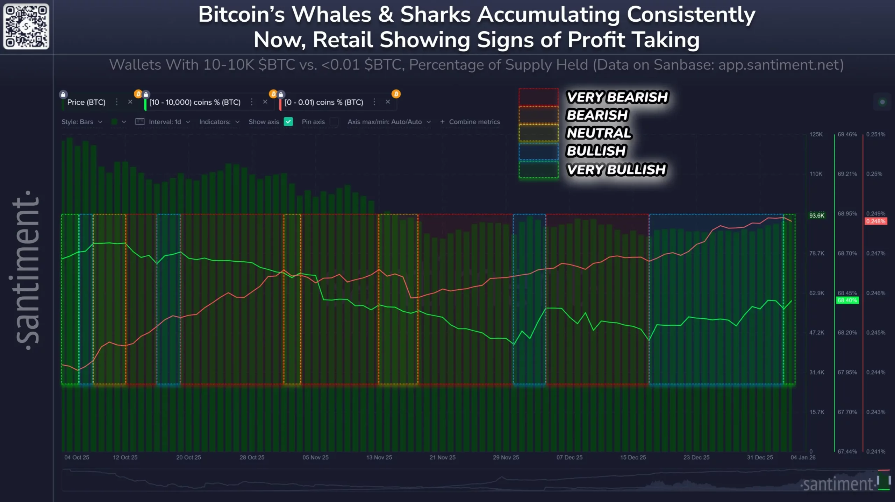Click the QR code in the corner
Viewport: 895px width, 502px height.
26,26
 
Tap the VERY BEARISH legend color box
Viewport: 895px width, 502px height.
538,97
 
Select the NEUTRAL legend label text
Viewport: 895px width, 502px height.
599,133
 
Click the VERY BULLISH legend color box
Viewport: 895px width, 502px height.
538,169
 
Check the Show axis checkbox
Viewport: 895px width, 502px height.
288,122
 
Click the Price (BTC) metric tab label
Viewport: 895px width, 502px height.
86,102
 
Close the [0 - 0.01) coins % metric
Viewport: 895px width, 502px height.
388,102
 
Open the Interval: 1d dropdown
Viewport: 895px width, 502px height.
164,122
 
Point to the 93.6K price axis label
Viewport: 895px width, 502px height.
817,215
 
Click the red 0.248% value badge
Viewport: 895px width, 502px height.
875,221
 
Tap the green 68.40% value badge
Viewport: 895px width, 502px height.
847,300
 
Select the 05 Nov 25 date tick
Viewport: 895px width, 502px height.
315,457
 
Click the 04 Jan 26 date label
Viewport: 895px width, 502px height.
803,457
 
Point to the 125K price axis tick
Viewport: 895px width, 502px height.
816,134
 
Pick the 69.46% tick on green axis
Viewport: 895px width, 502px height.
847,134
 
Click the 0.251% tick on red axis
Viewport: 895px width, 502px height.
875,134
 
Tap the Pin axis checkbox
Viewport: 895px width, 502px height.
334,122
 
